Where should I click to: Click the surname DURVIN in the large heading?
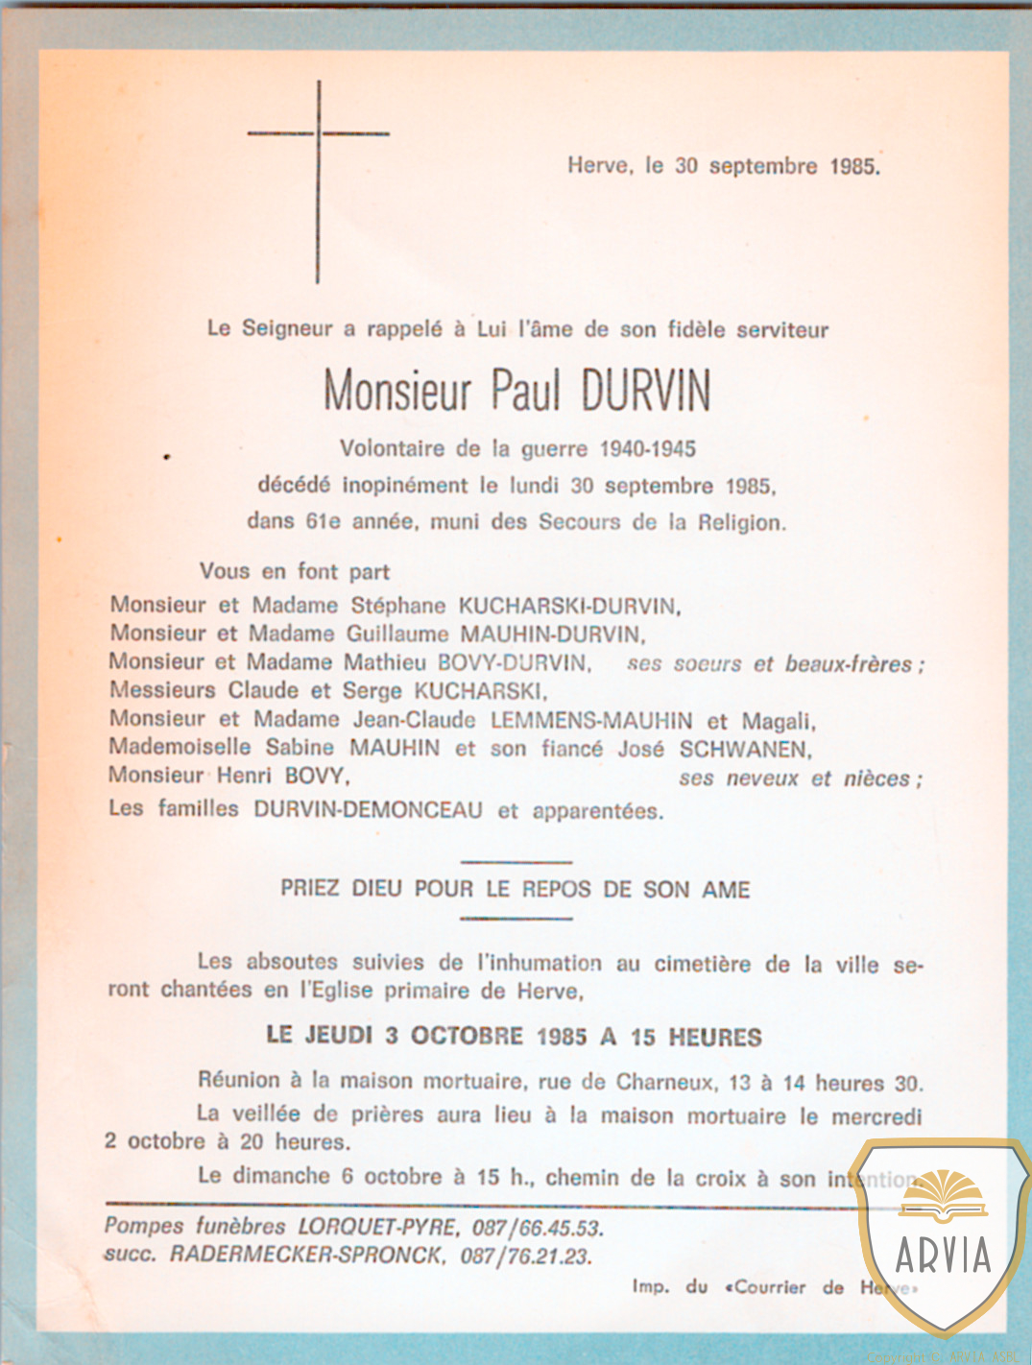tap(645, 391)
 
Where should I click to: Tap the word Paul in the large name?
tap(525, 391)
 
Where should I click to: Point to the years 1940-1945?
tap(647, 448)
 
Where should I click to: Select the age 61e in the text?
tap(323, 521)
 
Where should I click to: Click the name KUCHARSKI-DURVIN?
tap(568, 606)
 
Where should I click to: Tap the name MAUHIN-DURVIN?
tap(552, 634)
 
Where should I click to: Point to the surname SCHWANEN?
tap(745, 749)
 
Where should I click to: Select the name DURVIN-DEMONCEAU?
tap(368, 809)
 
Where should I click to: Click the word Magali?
tap(778, 721)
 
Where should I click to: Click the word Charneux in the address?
tap(663, 1082)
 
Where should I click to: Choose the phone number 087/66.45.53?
tap(537, 1228)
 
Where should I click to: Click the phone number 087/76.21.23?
tap(525, 1256)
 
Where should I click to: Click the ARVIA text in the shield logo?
tap(943, 1255)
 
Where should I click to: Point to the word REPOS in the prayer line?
tap(557, 889)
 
